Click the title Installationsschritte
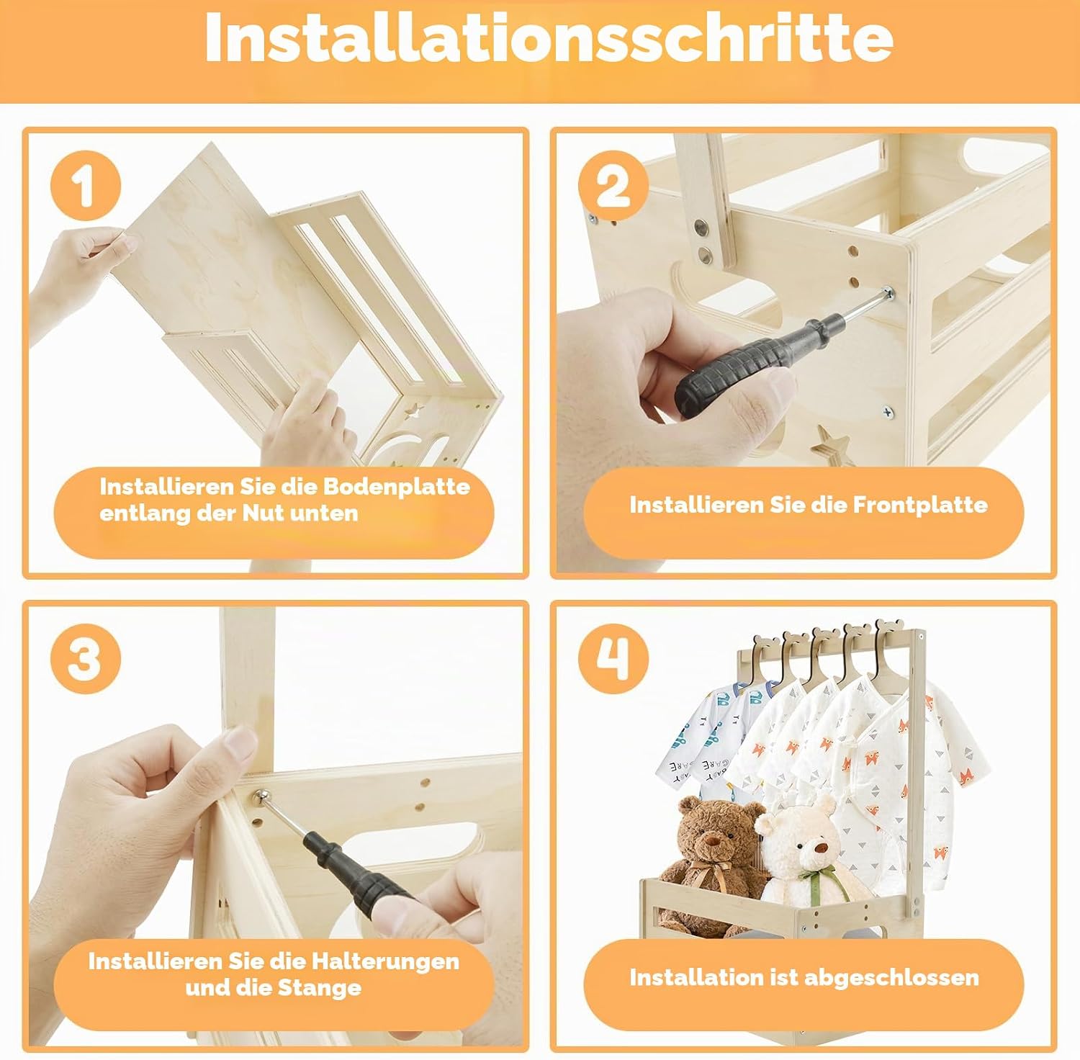point(549,38)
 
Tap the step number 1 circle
point(85,186)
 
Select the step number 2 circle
point(613,186)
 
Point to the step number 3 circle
point(85,658)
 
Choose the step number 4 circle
point(613,658)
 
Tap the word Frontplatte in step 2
point(920,505)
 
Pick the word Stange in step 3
point(318,987)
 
